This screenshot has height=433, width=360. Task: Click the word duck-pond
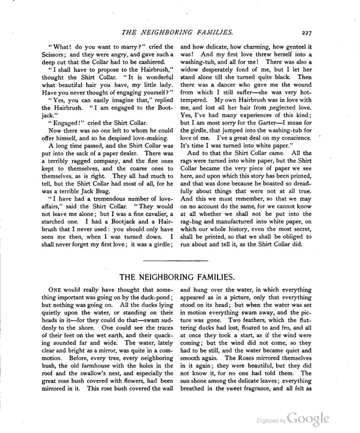152,299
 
